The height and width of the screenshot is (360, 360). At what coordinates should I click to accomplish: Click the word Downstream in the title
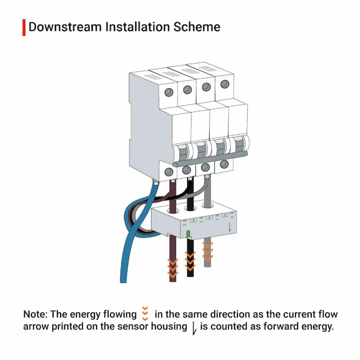point(65,27)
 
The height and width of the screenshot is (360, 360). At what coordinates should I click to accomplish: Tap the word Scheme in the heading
point(197,27)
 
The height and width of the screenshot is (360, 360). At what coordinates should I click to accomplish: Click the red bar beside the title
point(24,27)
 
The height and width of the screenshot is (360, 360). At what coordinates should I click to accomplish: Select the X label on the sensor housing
point(194,220)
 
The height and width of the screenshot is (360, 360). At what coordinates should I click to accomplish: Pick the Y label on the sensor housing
point(209,217)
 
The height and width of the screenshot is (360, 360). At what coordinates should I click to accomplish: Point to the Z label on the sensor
point(225,215)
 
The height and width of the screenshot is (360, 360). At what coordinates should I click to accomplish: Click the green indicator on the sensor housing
point(188,234)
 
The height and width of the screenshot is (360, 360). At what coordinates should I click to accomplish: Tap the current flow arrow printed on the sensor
point(229,227)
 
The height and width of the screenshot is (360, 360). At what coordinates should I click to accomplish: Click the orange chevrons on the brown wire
point(173,268)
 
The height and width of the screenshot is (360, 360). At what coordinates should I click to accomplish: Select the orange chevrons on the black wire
point(190,261)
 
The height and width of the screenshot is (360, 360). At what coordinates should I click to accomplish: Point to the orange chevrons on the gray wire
point(207,252)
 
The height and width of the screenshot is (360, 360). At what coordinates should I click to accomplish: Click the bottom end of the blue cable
point(123,282)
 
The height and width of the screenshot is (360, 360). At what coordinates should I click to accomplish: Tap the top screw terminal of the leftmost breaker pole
point(169,92)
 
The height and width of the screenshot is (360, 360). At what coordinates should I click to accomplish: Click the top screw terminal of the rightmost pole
point(225,84)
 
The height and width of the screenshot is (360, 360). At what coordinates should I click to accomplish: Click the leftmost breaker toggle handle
point(181,153)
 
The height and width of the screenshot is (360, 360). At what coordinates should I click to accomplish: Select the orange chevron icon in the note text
point(145,313)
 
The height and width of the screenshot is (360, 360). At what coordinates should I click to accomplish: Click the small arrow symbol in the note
point(194,329)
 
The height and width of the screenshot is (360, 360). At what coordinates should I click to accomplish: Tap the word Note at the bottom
point(35,314)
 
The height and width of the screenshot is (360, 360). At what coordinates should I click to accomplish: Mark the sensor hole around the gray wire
point(207,206)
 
